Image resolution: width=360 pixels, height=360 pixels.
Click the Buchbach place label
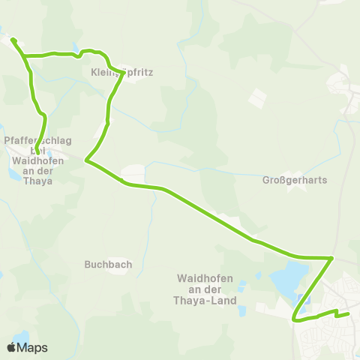pyautogui.click(x=109, y=264)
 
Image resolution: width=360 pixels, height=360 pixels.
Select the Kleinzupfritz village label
pyautogui.click(x=121, y=73)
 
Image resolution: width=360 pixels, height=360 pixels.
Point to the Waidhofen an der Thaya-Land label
pyautogui.click(x=207, y=289)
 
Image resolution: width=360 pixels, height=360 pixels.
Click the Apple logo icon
pyautogui.click(x=11, y=347)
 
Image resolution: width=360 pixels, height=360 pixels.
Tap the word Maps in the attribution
pyautogui.click(x=32, y=347)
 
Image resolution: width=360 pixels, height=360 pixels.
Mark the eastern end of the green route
pyautogui.click(x=349, y=314)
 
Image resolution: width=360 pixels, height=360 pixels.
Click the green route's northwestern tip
pyautogui.click(x=13, y=38)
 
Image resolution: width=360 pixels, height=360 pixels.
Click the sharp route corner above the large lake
pyautogui.click(x=331, y=258)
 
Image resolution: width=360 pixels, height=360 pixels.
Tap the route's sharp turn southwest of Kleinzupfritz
pyautogui.click(x=87, y=160)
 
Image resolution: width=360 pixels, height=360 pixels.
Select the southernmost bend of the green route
pyautogui.click(x=295, y=320)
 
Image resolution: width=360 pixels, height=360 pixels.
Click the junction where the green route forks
pyautogui.click(x=25, y=55)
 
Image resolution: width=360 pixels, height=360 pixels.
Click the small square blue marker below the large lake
pyautogui.click(x=303, y=300)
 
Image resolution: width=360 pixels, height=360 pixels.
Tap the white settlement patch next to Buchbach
pyautogui.click(x=115, y=251)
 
